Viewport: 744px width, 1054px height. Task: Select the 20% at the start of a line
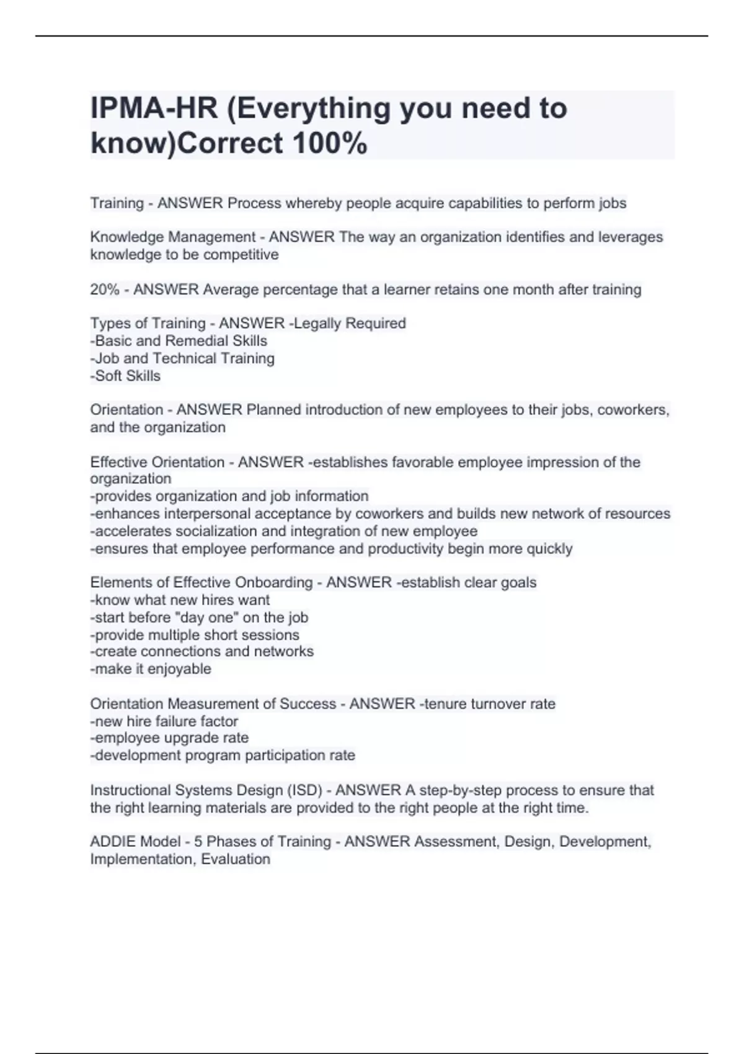click(x=105, y=290)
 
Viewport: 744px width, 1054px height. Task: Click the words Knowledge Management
click(x=173, y=237)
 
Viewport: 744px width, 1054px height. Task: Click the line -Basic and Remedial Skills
click(x=179, y=340)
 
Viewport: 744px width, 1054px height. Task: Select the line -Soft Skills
click(x=125, y=376)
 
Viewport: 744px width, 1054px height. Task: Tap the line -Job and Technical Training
click(x=182, y=358)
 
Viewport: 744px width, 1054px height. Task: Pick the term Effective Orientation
click(x=157, y=462)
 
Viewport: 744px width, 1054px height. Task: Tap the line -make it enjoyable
click(x=151, y=669)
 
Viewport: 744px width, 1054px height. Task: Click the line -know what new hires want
click(x=180, y=600)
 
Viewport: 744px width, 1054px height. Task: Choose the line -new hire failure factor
click(x=164, y=721)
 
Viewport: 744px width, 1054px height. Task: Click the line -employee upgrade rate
click(x=169, y=738)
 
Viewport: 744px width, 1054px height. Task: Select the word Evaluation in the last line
click(x=236, y=859)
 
